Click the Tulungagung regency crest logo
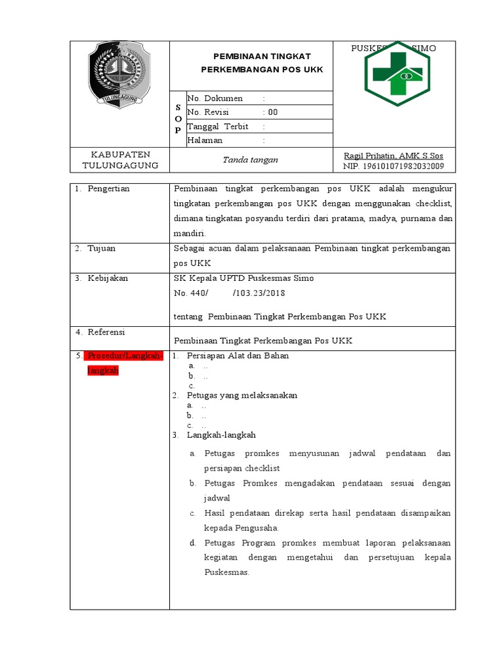pyautogui.click(x=120, y=73)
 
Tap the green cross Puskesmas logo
pyautogui.click(x=397, y=73)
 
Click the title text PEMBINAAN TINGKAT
pyautogui.click(x=262, y=56)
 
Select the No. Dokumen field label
pyautogui.click(x=215, y=98)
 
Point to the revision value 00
pyautogui.click(x=273, y=112)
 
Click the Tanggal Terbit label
pyautogui.click(x=218, y=127)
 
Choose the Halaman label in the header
pyautogui.click(x=205, y=140)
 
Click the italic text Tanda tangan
pyautogui.click(x=250, y=159)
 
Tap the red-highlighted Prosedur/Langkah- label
pyautogui.click(x=123, y=356)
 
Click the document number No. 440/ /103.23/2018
pyautogui.click(x=229, y=293)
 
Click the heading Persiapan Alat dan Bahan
pyautogui.click(x=238, y=356)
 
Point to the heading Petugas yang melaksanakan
pyautogui.click(x=241, y=396)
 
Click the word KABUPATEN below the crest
pyautogui.click(x=119, y=154)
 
